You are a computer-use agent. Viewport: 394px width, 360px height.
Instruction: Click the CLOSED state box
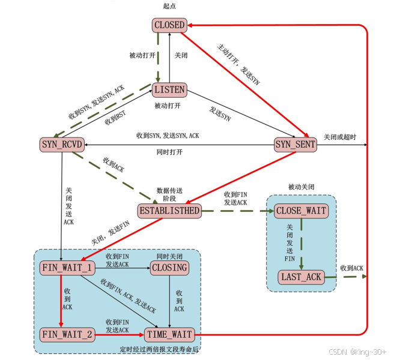pos(169,25)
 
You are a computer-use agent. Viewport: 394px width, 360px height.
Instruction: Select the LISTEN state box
pos(169,90)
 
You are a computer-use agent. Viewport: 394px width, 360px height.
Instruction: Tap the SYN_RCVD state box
pos(62,145)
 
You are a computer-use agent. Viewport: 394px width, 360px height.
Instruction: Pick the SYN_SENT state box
pos(295,145)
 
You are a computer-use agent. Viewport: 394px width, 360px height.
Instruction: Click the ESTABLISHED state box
pos(169,211)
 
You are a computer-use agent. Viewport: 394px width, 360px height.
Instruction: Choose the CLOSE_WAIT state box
pos(302,211)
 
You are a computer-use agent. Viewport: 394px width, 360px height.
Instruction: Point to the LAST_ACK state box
pos(302,277)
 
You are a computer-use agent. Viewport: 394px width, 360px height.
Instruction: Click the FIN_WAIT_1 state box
pos(67,268)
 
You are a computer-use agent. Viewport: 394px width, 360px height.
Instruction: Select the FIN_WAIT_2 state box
pos(67,335)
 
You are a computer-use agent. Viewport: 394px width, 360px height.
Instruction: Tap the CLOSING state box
pos(169,268)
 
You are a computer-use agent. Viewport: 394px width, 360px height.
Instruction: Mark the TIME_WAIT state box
pos(169,335)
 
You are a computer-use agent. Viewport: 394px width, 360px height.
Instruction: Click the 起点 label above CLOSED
pos(169,6)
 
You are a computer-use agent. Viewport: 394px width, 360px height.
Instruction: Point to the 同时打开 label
pos(169,152)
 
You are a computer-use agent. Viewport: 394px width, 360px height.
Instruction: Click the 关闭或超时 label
pos(340,137)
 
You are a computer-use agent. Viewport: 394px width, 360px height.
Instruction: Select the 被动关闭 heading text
pos(301,187)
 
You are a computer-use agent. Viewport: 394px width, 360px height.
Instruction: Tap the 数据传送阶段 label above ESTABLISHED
pos(169,194)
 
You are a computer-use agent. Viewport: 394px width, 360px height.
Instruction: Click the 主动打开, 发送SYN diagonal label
pos(238,65)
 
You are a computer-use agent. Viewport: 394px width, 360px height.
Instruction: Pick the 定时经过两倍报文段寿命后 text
pos(159,349)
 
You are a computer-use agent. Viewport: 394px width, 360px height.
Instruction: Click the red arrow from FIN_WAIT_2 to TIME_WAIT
pos(120,335)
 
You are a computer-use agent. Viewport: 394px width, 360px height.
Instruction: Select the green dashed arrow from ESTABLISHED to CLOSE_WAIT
pos(238,211)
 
